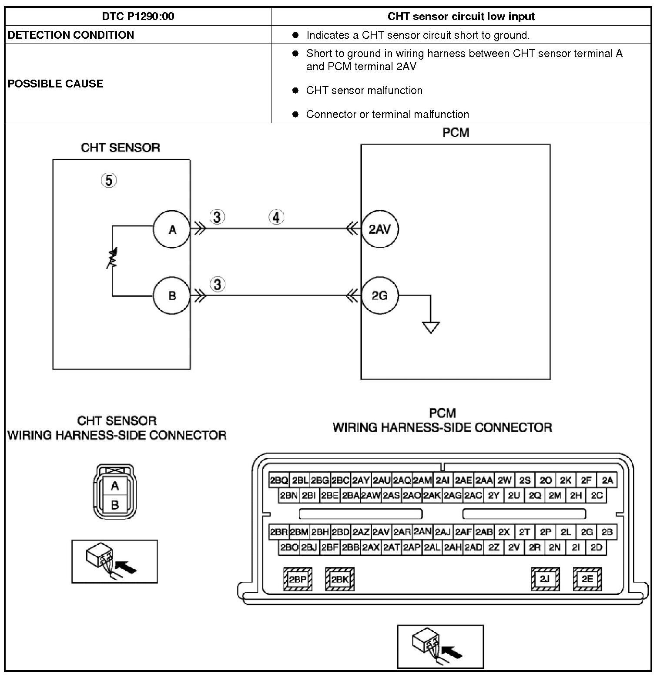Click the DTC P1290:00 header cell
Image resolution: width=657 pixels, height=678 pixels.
click(x=138, y=17)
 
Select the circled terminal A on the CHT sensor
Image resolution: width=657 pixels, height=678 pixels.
click(x=172, y=229)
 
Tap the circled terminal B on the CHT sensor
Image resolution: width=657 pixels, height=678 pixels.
click(x=172, y=296)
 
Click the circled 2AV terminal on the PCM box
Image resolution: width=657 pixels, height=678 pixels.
click(x=379, y=229)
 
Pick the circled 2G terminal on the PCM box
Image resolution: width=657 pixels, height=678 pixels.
click(x=379, y=296)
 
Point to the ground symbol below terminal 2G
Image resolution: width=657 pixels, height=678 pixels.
click(x=431, y=327)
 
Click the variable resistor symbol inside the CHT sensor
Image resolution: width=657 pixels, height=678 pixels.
click(x=112, y=258)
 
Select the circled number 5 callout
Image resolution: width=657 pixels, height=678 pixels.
click(x=109, y=180)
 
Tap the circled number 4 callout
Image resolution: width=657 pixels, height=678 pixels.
click(x=276, y=217)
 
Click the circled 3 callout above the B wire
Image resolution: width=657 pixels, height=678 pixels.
click(x=218, y=285)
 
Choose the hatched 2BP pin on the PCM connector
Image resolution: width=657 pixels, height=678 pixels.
click(x=298, y=579)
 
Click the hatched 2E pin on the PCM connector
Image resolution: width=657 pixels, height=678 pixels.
click(x=587, y=579)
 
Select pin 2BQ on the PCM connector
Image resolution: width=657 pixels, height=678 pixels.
click(x=279, y=480)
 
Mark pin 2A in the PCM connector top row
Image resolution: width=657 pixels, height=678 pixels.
click(x=607, y=480)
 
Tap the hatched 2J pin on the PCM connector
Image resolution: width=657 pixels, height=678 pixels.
click(x=545, y=579)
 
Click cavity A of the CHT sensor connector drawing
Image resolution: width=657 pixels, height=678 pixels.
click(x=115, y=486)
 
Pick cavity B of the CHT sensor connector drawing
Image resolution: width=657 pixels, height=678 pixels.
click(x=115, y=505)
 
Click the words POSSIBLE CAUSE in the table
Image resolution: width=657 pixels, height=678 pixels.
click(x=56, y=84)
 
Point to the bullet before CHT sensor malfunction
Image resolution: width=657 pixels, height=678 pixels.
click(x=296, y=91)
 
